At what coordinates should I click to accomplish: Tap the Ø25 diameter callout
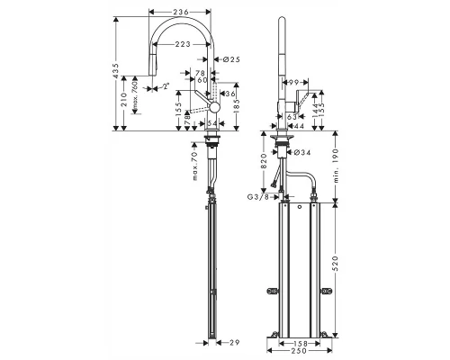[231, 58]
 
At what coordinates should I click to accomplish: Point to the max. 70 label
[194, 167]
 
